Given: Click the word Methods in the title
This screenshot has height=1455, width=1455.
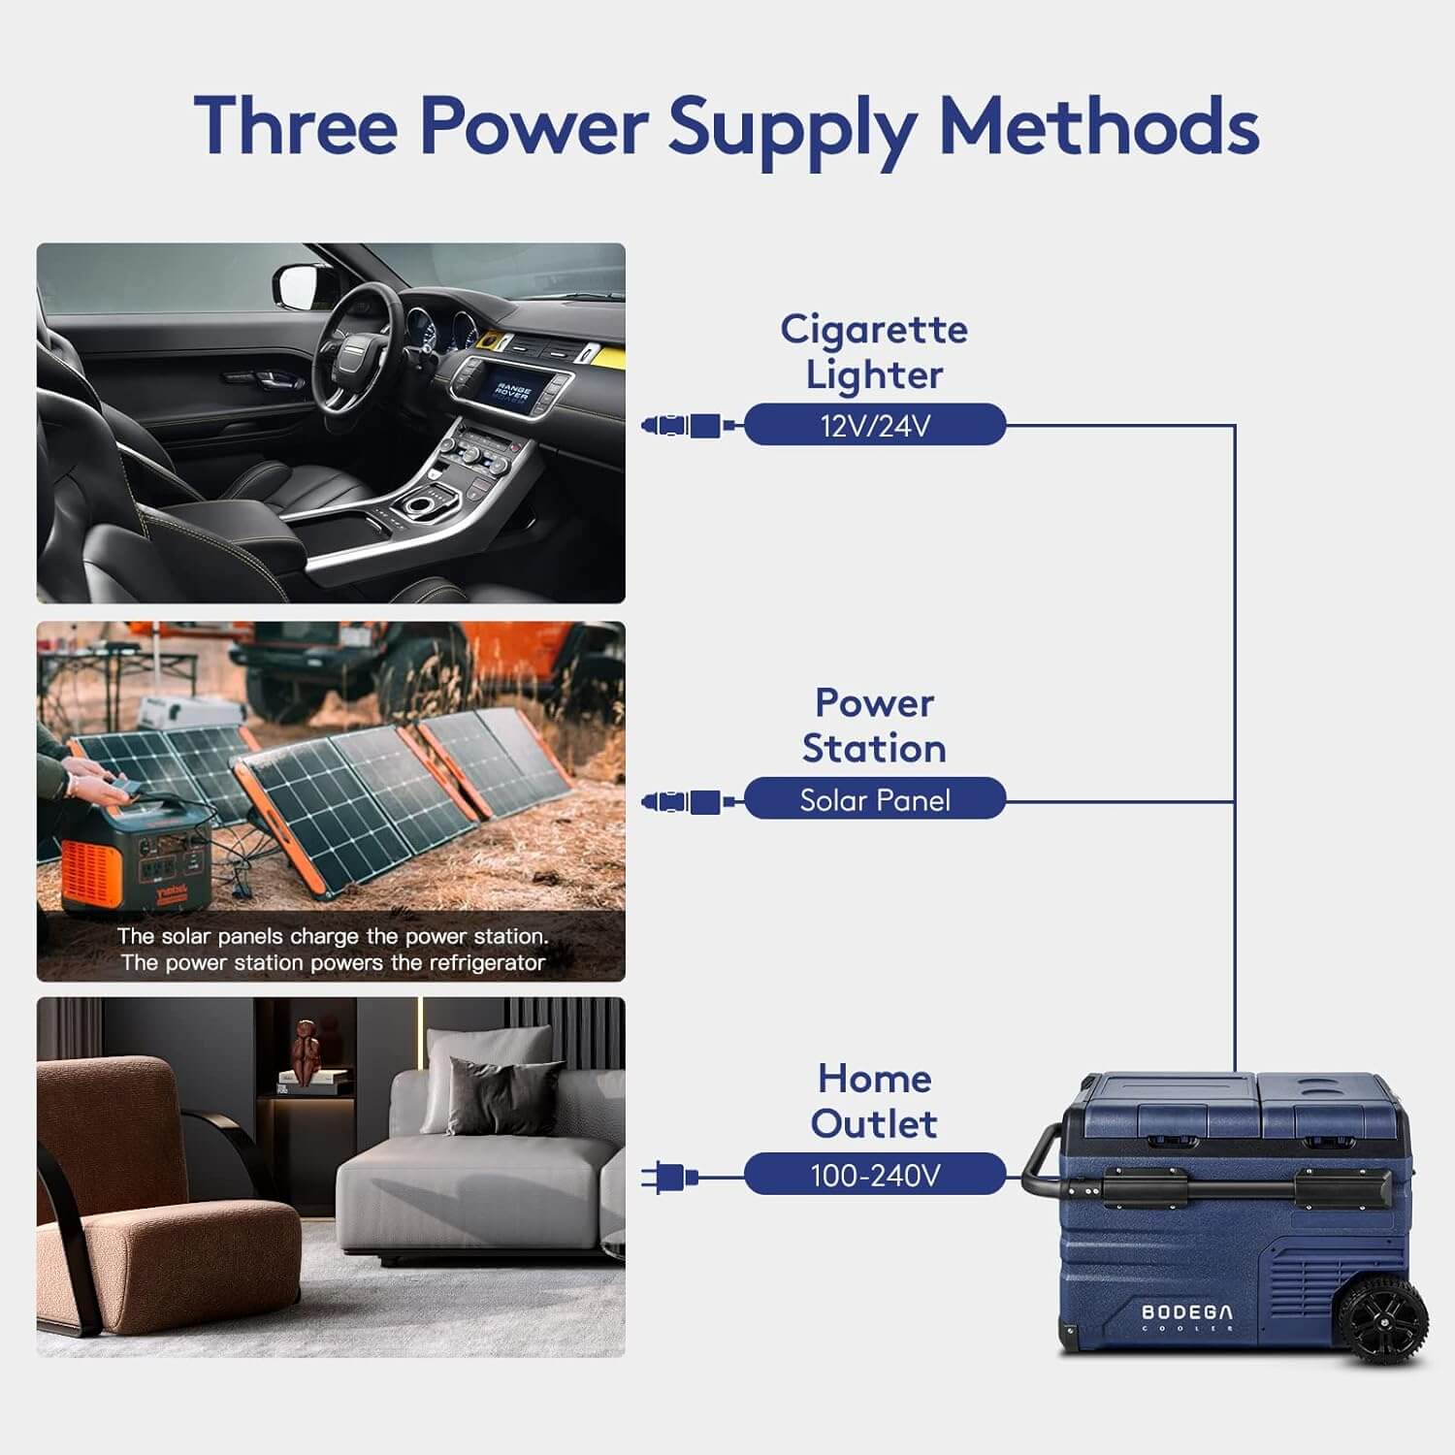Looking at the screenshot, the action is (1100, 126).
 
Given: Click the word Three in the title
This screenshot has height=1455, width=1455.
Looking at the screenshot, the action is (296, 126).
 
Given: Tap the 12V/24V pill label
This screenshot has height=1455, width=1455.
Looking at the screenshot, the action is (875, 425).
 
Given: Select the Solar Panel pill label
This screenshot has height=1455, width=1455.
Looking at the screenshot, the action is (875, 799).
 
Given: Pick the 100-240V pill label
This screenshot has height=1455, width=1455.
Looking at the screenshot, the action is (875, 1175).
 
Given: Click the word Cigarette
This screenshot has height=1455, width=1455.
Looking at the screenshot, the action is (874, 331).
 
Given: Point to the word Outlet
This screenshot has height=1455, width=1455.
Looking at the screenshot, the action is (874, 1124).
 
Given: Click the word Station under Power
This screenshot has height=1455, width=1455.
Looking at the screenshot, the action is (874, 749).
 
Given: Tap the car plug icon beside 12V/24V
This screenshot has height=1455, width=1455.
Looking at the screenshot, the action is (682, 425).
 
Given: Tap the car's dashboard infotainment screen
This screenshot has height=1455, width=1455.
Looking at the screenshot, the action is (511, 393).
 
